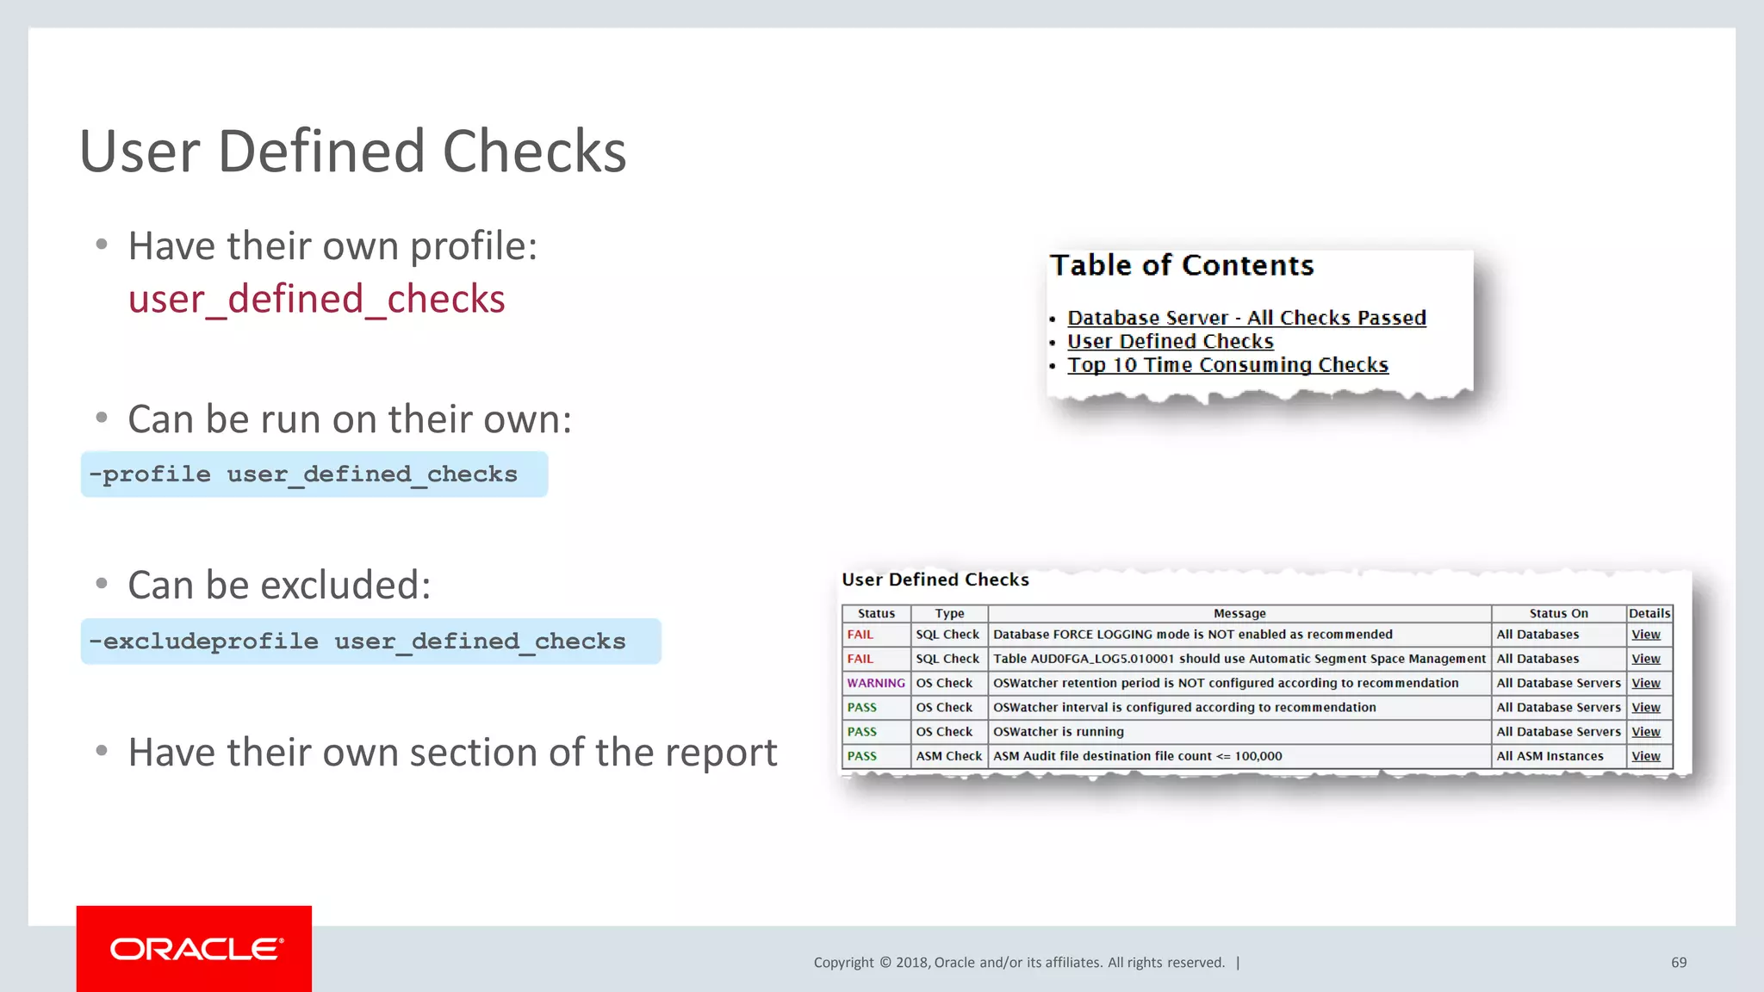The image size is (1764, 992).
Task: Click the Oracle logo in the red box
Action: [x=196, y=949]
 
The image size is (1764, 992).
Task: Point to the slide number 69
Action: [x=1679, y=963]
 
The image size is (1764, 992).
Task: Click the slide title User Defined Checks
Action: [x=352, y=152]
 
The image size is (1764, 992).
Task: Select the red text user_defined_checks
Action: [x=316, y=299]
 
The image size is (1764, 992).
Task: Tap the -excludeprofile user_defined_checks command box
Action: [x=370, y=642]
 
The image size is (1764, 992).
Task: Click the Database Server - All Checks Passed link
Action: [x=1246, y=318]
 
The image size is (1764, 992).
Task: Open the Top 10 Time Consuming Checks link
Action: [x=1227, y=365]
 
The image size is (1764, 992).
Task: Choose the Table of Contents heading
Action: [x=1182, y=265]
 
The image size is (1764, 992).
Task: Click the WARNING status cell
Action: [x=876, y=683]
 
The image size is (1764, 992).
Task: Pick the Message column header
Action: [x=1239, y=613]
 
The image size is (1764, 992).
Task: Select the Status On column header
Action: [x=1558, y=613]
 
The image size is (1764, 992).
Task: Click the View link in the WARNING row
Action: [x=1645, y=683]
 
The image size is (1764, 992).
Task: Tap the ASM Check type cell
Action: [x=948, y=756]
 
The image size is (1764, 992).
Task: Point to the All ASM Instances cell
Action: [x=1550, y=756]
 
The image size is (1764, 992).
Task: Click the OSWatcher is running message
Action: [x=1059, y=732]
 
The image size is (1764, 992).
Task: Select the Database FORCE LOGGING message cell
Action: [x=1192, y=635]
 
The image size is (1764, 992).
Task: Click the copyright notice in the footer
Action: [x=1019, y=963]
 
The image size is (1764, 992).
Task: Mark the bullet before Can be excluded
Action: [x=102, y=584]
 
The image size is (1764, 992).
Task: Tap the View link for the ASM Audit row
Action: [x=1645, y=756]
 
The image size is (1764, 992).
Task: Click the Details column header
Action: [x=1649, y=613]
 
